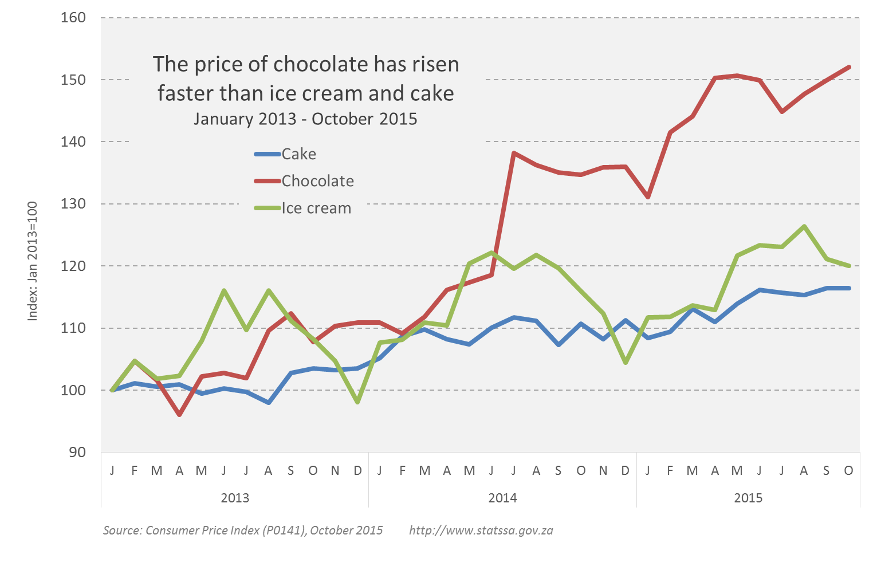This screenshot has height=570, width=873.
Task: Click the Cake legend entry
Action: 298,154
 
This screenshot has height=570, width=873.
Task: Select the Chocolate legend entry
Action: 317,181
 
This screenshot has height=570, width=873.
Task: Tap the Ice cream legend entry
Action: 316,209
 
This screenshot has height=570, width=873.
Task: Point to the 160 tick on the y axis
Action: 73,18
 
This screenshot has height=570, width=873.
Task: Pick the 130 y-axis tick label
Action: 73,204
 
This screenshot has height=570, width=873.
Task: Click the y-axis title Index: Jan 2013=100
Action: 33,261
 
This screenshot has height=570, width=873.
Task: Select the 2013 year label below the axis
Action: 235,497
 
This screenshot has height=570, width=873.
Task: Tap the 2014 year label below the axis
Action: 502,497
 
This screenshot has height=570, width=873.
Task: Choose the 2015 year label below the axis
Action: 748,497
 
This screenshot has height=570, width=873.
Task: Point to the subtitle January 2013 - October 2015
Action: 305,119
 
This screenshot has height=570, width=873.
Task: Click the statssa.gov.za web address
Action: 481,530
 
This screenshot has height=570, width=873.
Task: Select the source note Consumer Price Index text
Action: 243,530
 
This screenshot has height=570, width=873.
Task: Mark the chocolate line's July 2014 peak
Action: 514,153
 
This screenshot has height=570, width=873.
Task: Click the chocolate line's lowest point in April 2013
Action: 179,414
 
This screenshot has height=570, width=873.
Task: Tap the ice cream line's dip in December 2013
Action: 357,402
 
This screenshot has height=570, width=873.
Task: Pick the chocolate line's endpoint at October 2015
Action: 849,67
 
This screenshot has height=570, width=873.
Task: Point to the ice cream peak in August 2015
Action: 804,226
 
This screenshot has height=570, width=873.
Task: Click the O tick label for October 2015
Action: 848,470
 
